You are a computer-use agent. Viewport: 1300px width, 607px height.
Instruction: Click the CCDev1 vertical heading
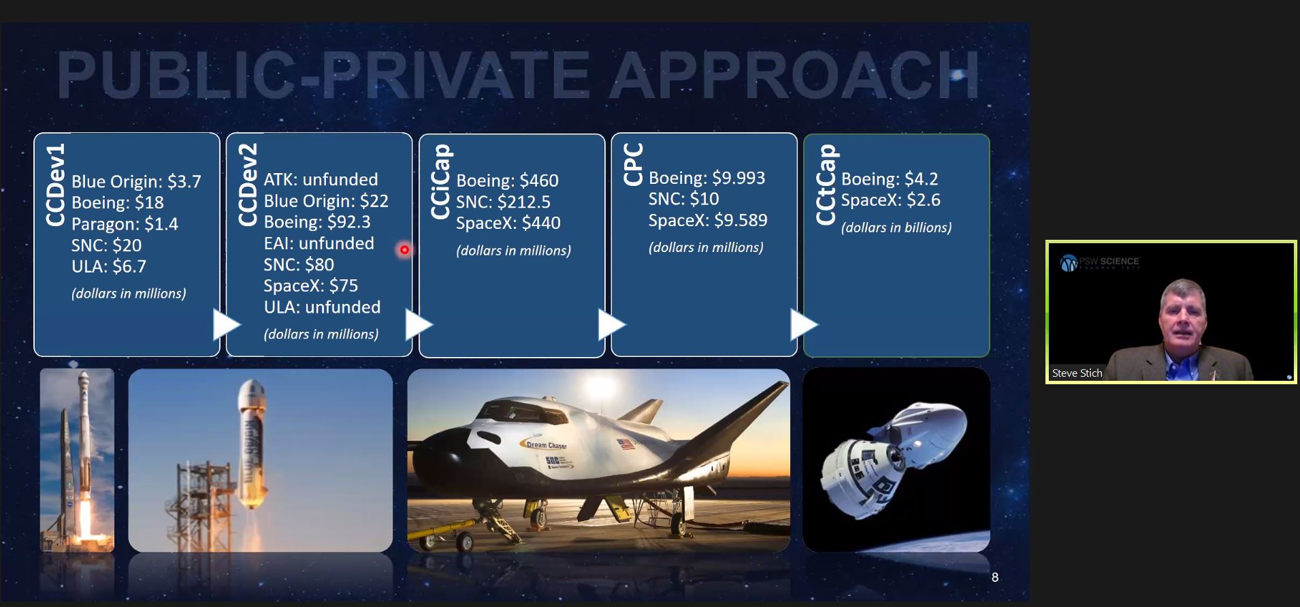coord(55,184)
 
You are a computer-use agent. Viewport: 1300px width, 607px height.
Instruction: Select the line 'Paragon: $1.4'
coord(125,224)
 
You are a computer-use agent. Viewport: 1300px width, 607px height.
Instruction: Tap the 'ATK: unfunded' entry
coord(321,179)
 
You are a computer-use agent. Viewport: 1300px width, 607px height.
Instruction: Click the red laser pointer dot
coord(404,250)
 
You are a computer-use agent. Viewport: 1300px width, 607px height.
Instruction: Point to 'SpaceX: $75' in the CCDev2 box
coord(310,285)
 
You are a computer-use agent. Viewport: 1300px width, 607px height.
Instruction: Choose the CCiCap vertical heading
coord(440,182)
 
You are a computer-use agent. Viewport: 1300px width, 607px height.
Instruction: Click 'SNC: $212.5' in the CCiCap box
coord(503,202)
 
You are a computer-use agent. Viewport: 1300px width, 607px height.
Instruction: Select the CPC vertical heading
coord(633,164)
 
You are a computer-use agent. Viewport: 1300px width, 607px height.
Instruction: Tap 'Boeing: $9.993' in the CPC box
coord(706,178)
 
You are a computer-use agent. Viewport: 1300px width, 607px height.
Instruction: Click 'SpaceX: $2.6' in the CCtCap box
coord(890,200)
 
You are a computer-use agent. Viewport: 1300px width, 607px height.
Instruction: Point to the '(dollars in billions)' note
coord(896,228)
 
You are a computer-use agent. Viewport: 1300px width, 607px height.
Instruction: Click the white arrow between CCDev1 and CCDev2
coord(226,324)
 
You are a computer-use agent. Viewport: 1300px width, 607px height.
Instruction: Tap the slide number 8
coord(994,577)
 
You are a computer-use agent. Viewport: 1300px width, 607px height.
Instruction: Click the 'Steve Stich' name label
coord(1077,373)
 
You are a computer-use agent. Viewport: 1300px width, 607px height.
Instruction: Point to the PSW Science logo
coord(1099,262)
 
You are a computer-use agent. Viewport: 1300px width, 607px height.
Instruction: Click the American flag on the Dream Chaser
coord(625,445)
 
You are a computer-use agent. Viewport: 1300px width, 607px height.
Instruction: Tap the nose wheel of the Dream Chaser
coord(464,542)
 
